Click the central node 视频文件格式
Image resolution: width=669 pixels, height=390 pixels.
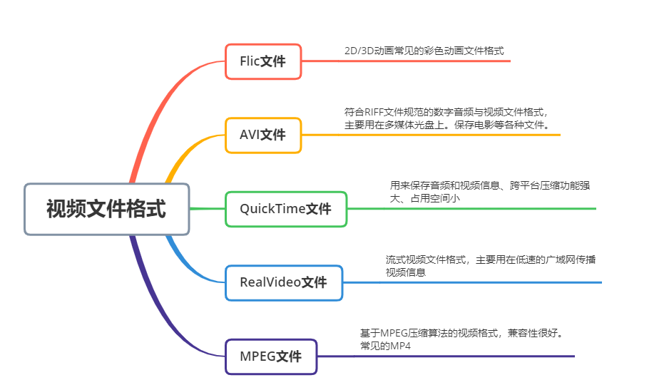[107, 209]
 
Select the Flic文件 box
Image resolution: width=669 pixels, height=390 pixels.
[263, 61]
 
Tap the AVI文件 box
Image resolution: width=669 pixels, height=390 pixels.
[263, 135]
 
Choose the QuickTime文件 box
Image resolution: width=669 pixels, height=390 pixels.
[286, 209]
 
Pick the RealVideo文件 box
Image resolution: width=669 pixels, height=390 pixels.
[284, 282]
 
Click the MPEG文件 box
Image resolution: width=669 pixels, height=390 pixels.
[271, 356]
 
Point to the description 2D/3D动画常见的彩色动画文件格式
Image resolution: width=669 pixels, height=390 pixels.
[424, 51]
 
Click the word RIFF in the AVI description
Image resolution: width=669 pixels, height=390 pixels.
[374, 112]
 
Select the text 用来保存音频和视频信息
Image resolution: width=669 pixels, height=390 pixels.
[446, 185]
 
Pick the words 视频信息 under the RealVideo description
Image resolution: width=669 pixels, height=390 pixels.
[406, 272]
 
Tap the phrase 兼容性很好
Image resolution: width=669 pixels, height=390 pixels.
[538, 333]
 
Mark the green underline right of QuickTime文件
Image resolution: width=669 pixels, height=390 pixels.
[471, 209]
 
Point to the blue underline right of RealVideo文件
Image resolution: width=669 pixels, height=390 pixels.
[471, 282]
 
